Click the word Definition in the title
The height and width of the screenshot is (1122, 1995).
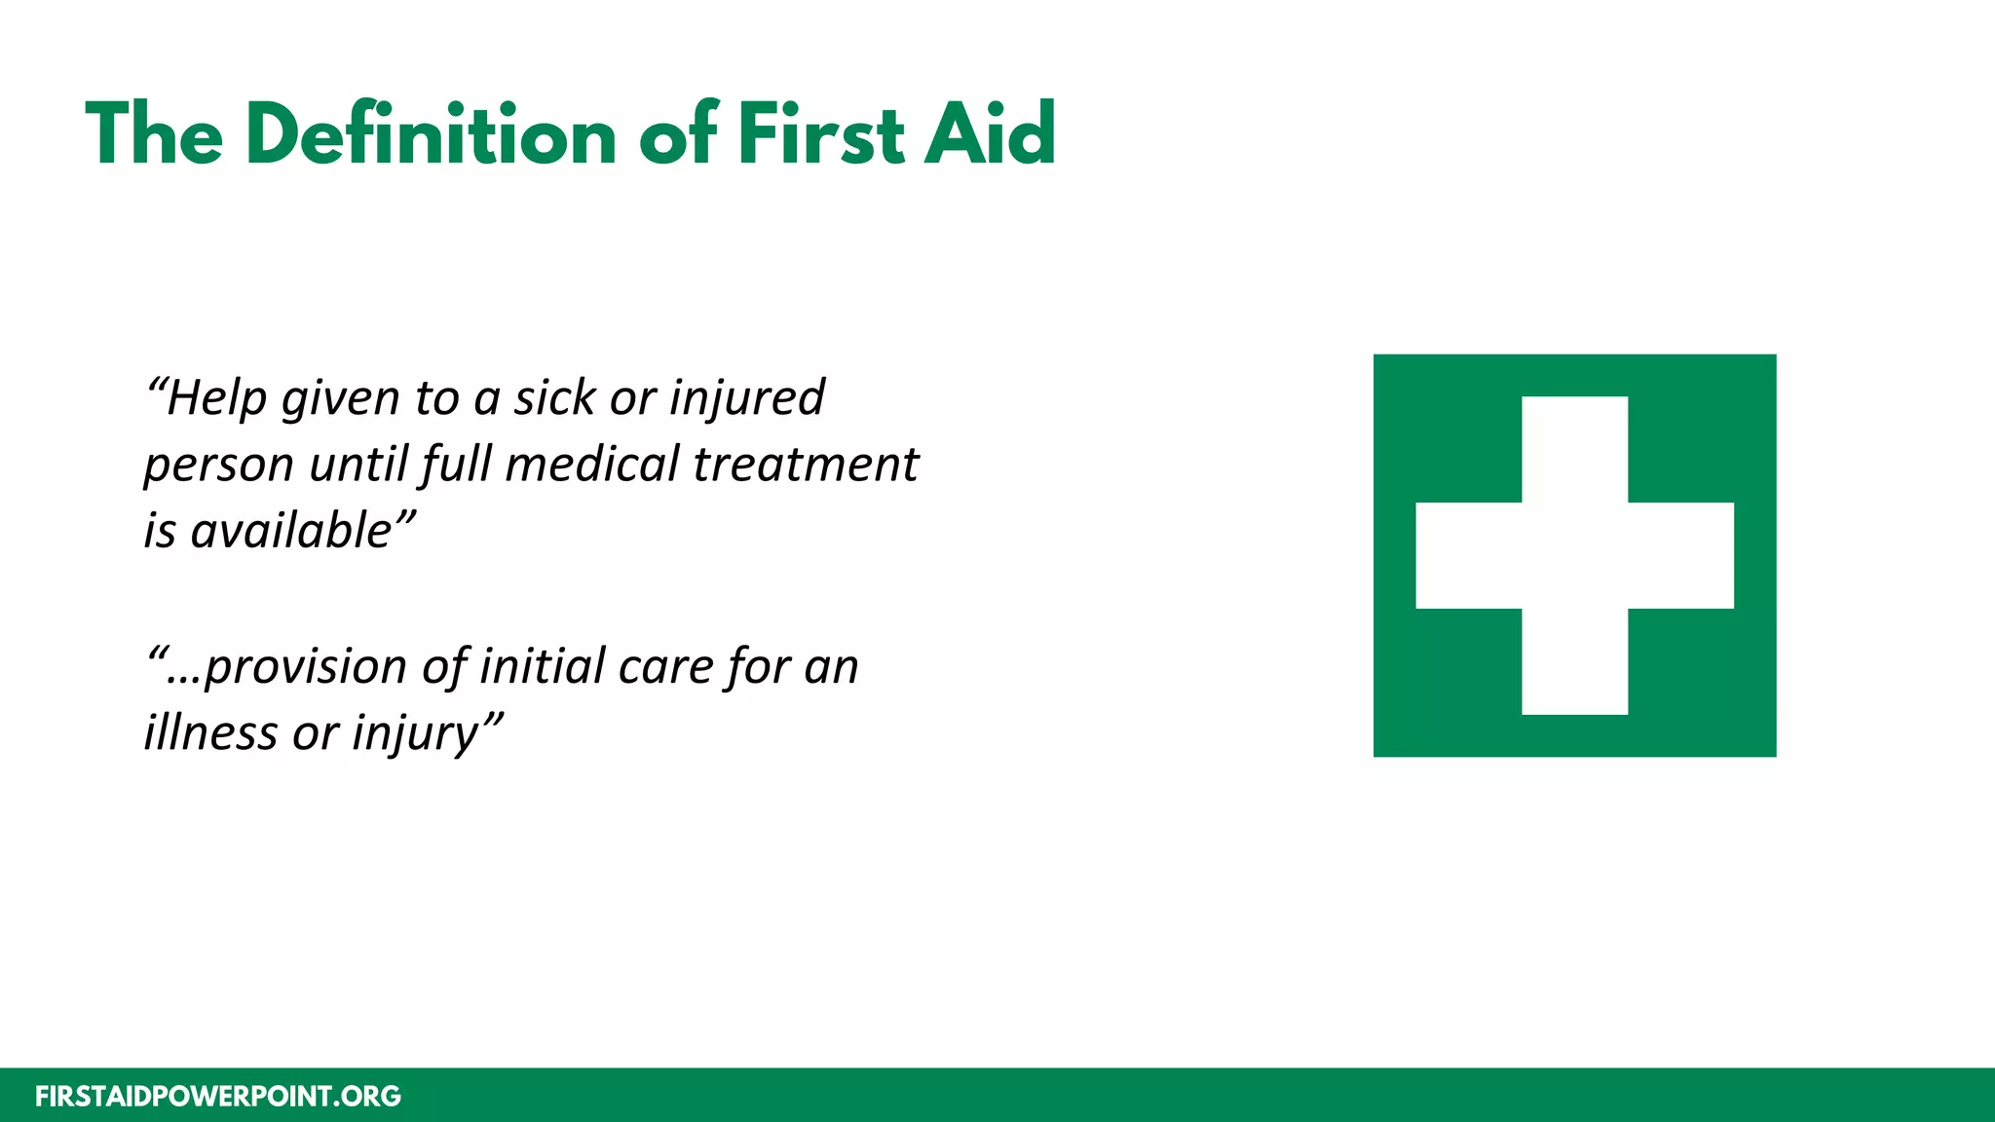click(431, 134)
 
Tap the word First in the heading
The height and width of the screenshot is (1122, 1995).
click(821, 134)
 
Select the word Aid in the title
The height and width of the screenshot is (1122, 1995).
click(990, 134)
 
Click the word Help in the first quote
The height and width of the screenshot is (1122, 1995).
click(215, 398)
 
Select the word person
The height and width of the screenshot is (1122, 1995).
click(218, 466)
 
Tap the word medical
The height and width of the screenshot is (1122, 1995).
click(592, 465)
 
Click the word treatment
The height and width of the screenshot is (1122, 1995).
click(806, 465)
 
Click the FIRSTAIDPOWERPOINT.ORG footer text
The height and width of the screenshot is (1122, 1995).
click(218, 1097)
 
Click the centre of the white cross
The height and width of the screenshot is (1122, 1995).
click(1574, 555)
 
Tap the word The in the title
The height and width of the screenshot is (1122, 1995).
click(154, 134)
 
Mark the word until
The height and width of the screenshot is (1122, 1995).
click(358, 465)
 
